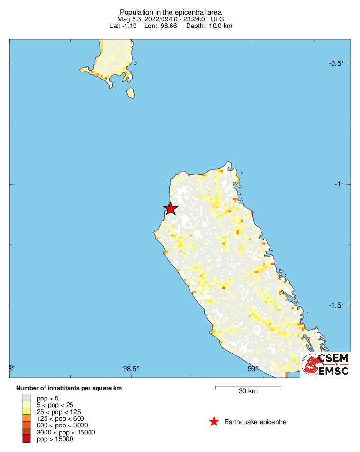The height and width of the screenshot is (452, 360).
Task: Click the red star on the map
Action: (171, 208)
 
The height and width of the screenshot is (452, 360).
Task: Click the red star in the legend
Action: (214, 421)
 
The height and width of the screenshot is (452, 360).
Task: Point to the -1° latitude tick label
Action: (339, 184)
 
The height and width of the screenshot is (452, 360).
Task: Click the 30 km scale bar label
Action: (248, 391)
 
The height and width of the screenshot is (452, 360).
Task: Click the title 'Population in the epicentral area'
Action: (171, 12)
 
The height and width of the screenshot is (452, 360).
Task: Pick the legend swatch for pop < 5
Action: (27, 398)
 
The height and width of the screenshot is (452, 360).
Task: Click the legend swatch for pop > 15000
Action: (27, 439)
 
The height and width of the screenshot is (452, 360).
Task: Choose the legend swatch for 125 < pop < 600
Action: (27, 418)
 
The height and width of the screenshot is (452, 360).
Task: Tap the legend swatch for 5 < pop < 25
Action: (27, 405)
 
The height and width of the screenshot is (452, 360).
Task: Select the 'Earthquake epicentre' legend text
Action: (255, 422)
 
